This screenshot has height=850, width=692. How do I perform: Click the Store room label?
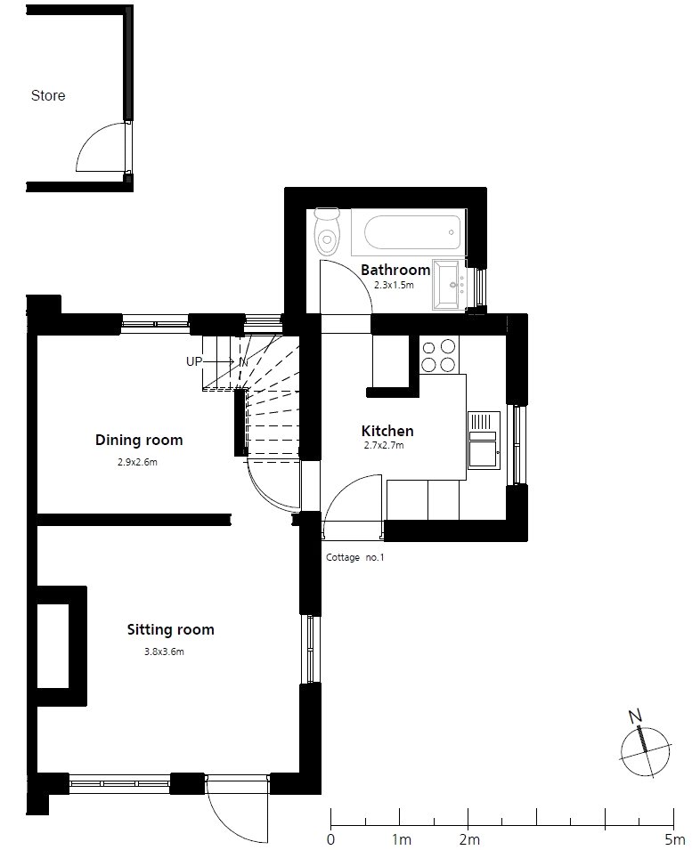coord(48,95)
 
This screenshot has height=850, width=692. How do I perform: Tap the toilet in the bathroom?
coord(327,231)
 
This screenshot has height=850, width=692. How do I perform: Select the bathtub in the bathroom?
coord(409,232)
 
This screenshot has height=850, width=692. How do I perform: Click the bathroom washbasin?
coord(450,285)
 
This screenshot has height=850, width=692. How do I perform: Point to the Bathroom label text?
coord(395,270)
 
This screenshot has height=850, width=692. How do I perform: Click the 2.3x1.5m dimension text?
coord(394,285)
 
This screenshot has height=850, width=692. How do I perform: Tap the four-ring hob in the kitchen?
coord(439,355)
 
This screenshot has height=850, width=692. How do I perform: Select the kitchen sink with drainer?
coord(484,441)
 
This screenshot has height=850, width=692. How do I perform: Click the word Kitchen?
coord(387,431)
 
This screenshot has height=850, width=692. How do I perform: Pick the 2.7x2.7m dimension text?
coord(384,446)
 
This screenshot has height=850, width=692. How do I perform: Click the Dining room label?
coord(139,440)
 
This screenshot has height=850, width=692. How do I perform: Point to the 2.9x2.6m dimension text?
coord(137,463)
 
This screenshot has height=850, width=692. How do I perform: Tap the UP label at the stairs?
coord(193,361)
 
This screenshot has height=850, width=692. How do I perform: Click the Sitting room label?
coord(171,629)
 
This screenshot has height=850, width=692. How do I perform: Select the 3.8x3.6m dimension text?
coord(164,652)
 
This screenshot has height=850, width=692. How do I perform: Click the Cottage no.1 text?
coord(354,557)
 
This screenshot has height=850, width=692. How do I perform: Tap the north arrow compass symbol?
coord(644,749)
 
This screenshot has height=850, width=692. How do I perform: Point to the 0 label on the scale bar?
coord(330,839)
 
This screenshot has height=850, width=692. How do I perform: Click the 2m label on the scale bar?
coord(469,839)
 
